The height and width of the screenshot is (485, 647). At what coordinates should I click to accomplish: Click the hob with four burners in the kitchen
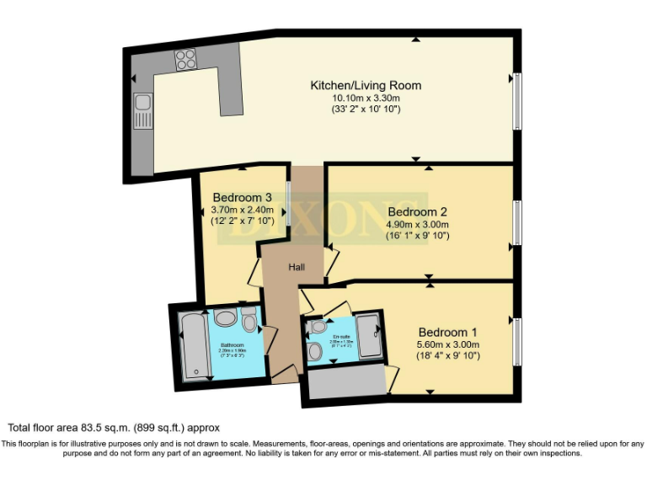pyautogui.click(x=184, y=60)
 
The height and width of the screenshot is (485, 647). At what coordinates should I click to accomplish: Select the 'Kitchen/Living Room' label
pyautogui.click(x=366, y=86)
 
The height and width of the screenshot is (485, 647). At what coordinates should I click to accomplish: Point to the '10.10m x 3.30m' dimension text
pyautogui.click(x=366, y=98)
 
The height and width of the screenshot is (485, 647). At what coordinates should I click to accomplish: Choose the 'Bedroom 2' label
pyautogui.click(x=416, y=211)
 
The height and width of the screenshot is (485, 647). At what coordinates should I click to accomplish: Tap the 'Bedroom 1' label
pyautogui.click(x=447, y=331)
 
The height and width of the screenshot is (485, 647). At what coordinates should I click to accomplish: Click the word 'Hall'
pyautogui.click(x=296, y=268)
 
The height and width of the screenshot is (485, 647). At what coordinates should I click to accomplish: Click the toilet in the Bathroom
pyautogui.click(x=249, y=320)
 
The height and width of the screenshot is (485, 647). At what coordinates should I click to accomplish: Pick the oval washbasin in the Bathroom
pyautogui.click(x=225, y=318)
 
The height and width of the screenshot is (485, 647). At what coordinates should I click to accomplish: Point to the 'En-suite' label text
pyautogui.click(x=341, y=336)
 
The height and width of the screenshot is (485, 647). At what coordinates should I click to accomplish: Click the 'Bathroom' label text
pyautogui.click(x=232, y=345)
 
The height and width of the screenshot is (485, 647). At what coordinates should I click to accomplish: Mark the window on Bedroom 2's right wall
pyautogui.click(x=517, y=219)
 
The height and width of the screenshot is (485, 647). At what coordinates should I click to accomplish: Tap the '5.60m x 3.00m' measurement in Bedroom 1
pyautogui.click(x=447, y=344)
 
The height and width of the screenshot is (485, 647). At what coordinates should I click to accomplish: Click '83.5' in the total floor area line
pyautogui.click(x=96, y=428)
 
